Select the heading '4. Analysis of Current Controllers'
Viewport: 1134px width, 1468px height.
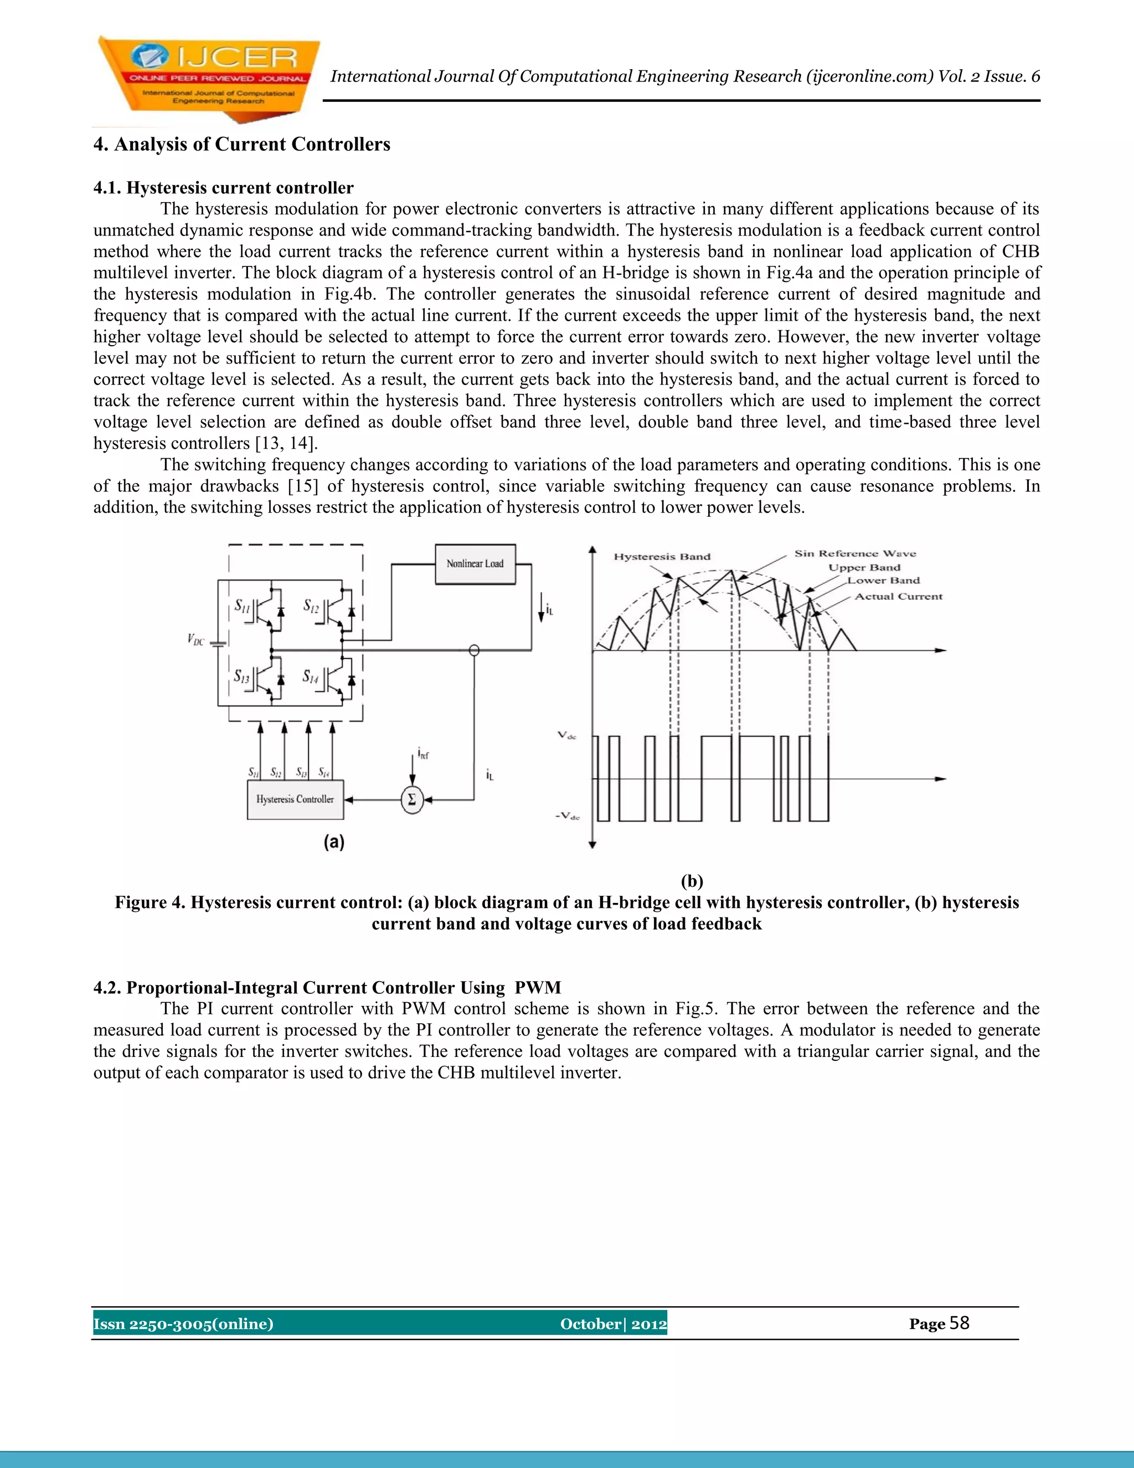point(241,145)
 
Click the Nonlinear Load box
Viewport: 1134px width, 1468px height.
point(475,564)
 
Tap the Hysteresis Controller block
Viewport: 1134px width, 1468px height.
point(295,799)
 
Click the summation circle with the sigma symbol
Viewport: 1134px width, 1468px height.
point(412,800)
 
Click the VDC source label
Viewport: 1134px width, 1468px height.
point(195,639)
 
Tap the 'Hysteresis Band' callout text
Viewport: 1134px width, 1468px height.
point(662,557)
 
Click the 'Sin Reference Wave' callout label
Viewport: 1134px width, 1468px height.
point(854,553)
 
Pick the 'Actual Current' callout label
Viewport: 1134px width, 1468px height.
point(898,596)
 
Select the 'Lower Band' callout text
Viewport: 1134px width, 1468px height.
point(883,581)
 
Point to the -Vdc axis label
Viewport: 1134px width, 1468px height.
point(567,816)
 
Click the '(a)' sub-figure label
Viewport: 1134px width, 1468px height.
point(334,842)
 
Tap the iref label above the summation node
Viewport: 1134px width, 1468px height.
point(423,753)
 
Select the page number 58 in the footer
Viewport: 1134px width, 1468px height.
point(960,1323)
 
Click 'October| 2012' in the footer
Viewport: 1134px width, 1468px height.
point(613,1323)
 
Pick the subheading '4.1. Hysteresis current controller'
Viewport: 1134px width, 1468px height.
point(223,188)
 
